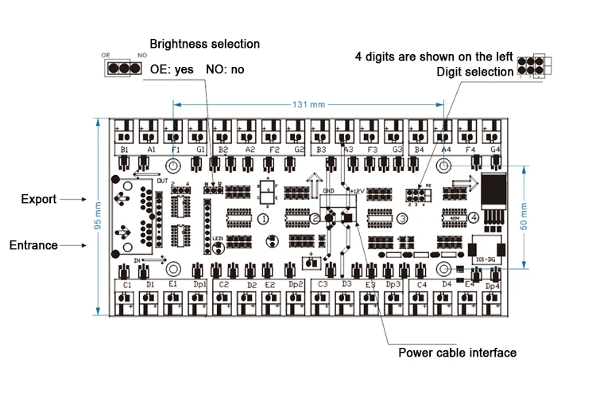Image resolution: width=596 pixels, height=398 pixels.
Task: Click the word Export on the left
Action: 38,199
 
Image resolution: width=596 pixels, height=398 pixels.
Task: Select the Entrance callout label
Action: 33,245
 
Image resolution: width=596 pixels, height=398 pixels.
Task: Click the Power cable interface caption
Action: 457,353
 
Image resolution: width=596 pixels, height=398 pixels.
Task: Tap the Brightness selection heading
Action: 205,44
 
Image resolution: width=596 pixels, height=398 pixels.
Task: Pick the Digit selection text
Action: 475,72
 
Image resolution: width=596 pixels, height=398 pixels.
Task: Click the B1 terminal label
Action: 125,150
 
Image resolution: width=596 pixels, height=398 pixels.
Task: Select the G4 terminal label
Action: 495,150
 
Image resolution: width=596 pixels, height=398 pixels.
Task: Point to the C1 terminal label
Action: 127,284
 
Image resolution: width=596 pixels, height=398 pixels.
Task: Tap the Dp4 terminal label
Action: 493,286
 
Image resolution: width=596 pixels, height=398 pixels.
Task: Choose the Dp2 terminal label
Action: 296,284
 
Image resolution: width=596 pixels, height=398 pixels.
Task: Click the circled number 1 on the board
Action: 263,219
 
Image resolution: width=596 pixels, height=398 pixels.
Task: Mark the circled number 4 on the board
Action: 473,217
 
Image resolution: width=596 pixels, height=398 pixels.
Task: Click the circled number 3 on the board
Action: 402,219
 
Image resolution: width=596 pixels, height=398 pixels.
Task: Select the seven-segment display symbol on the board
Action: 267,192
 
